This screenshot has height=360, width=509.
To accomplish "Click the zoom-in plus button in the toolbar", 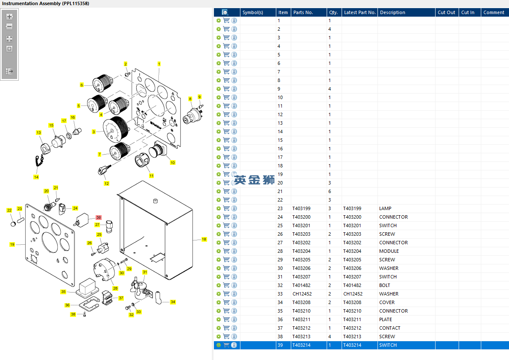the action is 9,17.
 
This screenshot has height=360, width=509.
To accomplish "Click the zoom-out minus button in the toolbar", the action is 9,26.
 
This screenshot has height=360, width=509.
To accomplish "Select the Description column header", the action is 392,12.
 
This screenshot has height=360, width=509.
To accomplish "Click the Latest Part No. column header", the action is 360,12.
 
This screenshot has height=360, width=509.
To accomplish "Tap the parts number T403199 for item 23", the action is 301,208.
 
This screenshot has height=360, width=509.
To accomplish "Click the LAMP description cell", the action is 385,208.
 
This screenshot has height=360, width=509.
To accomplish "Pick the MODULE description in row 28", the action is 389,251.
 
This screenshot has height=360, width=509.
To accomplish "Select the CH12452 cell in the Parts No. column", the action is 302,294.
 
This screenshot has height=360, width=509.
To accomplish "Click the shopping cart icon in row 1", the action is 226,20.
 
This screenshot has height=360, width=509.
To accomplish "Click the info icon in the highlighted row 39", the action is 234,345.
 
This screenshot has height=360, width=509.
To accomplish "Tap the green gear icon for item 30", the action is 219,268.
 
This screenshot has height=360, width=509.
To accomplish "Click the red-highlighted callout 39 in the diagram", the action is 99,217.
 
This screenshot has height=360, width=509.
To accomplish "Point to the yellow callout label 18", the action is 204,239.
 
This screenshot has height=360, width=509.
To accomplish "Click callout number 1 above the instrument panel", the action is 159,64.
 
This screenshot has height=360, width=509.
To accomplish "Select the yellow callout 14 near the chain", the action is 36,177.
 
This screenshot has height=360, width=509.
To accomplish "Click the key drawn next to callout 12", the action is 104,169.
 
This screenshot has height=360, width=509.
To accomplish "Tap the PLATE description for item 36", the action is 385,319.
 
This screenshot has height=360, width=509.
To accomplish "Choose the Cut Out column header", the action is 446,12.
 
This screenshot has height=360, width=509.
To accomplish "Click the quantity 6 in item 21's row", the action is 330,191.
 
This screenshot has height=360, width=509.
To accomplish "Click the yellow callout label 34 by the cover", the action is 173,302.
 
